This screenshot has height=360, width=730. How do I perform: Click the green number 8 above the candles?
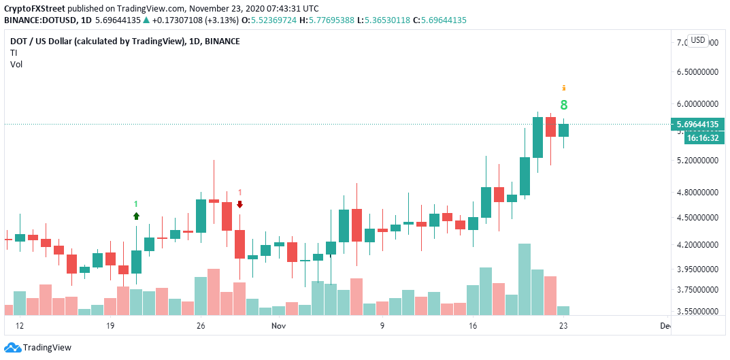tap(563, 105)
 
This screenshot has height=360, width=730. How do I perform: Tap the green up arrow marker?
tap(136, 216)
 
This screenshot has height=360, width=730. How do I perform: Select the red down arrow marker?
tap(239, 204)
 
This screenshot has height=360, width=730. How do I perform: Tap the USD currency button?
tap(697, 40)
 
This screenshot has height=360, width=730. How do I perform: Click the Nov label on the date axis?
tap(278, 327)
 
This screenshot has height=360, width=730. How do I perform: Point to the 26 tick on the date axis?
tap(200, 327)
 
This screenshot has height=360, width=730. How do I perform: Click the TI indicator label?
tap(13, 52)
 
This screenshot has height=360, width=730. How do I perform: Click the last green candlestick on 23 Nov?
tap(563, 130)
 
